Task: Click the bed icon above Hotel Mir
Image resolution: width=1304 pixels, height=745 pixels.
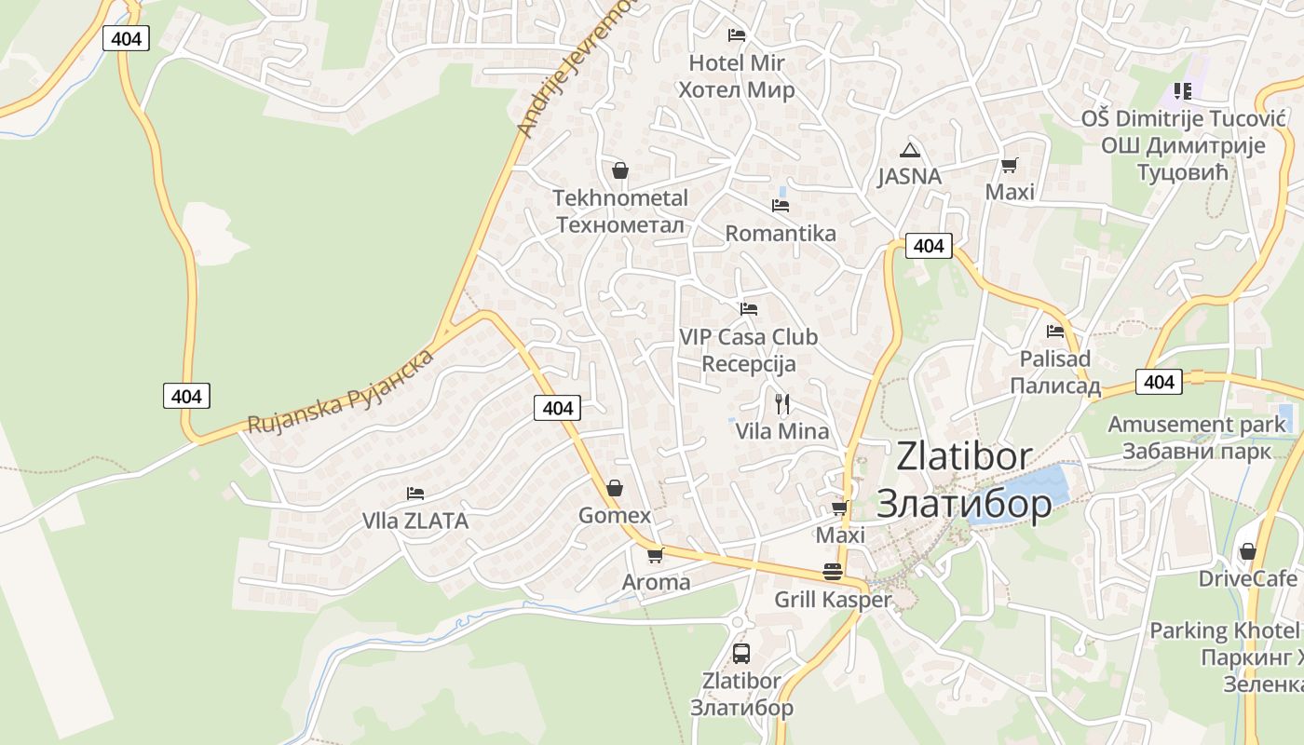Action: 736,35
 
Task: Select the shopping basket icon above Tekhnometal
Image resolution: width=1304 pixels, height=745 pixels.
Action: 620,170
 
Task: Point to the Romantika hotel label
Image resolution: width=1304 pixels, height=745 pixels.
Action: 781,233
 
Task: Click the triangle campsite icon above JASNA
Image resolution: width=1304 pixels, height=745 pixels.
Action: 909,150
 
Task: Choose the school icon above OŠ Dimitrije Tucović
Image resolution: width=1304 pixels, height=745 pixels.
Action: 1182,91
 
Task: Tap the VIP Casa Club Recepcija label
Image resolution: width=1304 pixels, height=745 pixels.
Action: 748,350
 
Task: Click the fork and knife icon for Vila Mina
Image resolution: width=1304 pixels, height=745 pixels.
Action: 782,403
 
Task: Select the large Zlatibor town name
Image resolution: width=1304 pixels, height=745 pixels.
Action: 964,480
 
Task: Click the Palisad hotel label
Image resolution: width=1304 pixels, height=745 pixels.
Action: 1054,372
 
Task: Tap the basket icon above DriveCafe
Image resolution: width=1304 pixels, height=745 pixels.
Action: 1247,551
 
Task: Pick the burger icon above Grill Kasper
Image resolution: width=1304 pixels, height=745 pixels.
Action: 832,571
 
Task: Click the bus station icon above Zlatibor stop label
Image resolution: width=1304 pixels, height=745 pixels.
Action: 741,653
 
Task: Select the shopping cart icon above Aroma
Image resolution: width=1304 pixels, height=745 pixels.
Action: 655,555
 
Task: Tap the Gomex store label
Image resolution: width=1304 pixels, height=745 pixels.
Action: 615,515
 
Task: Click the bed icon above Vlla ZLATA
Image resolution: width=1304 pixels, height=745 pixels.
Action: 415,494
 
